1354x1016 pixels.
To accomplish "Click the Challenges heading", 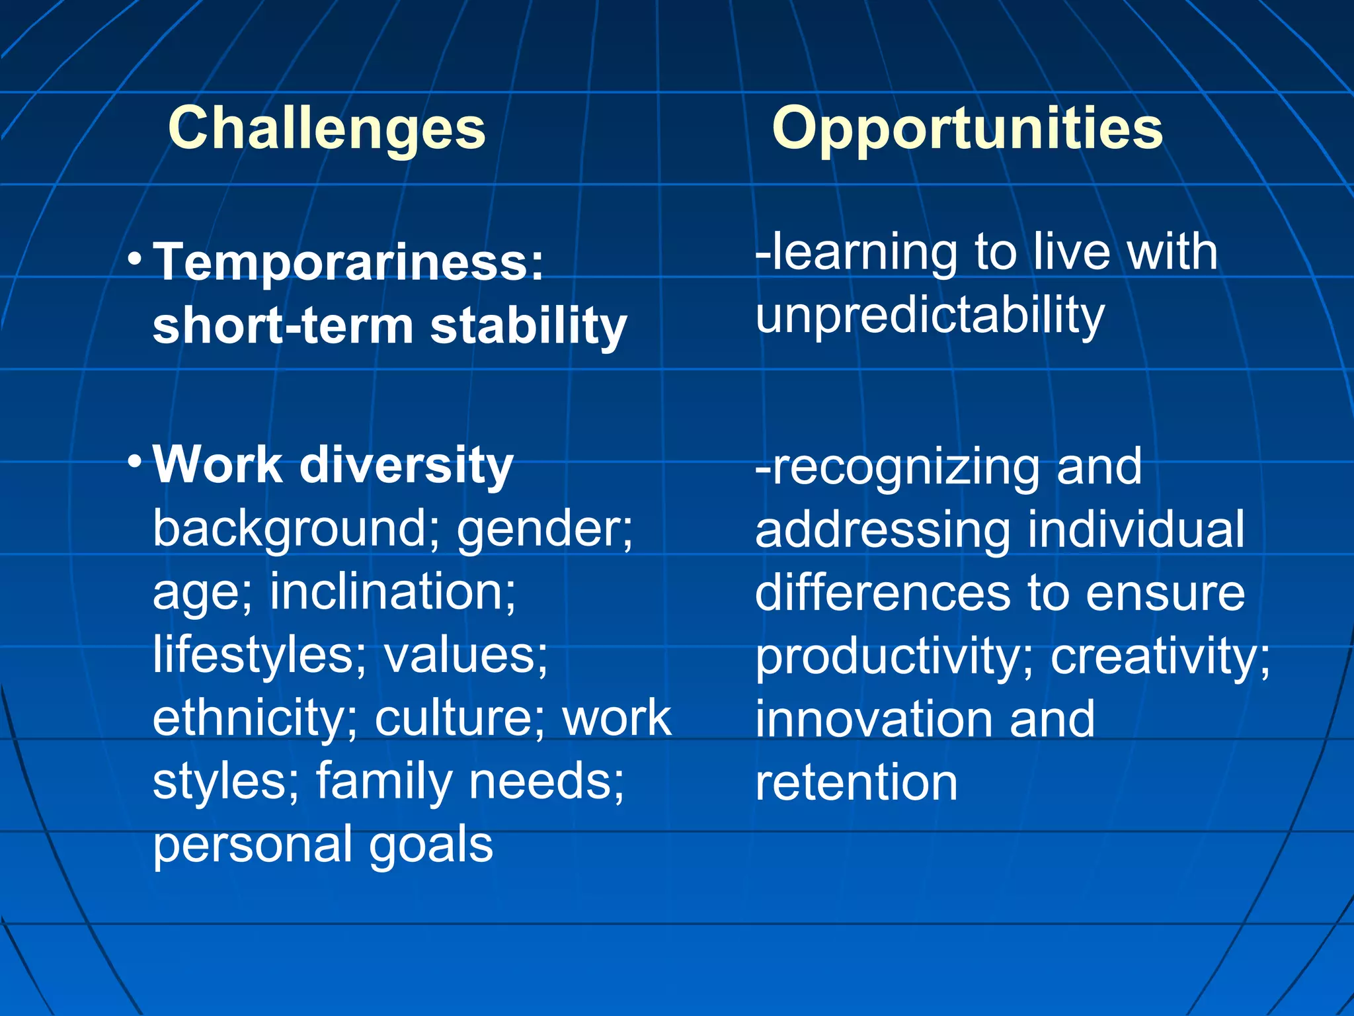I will [x=327, y=129].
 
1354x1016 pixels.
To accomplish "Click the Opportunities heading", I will [x=967, y=129].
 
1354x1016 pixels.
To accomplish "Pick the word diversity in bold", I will [x=406, y=465].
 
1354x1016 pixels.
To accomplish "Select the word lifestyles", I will [x=255, y=655].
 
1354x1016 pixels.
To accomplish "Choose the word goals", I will [x=430, y=845].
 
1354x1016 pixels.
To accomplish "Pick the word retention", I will [x=856, y=783].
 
